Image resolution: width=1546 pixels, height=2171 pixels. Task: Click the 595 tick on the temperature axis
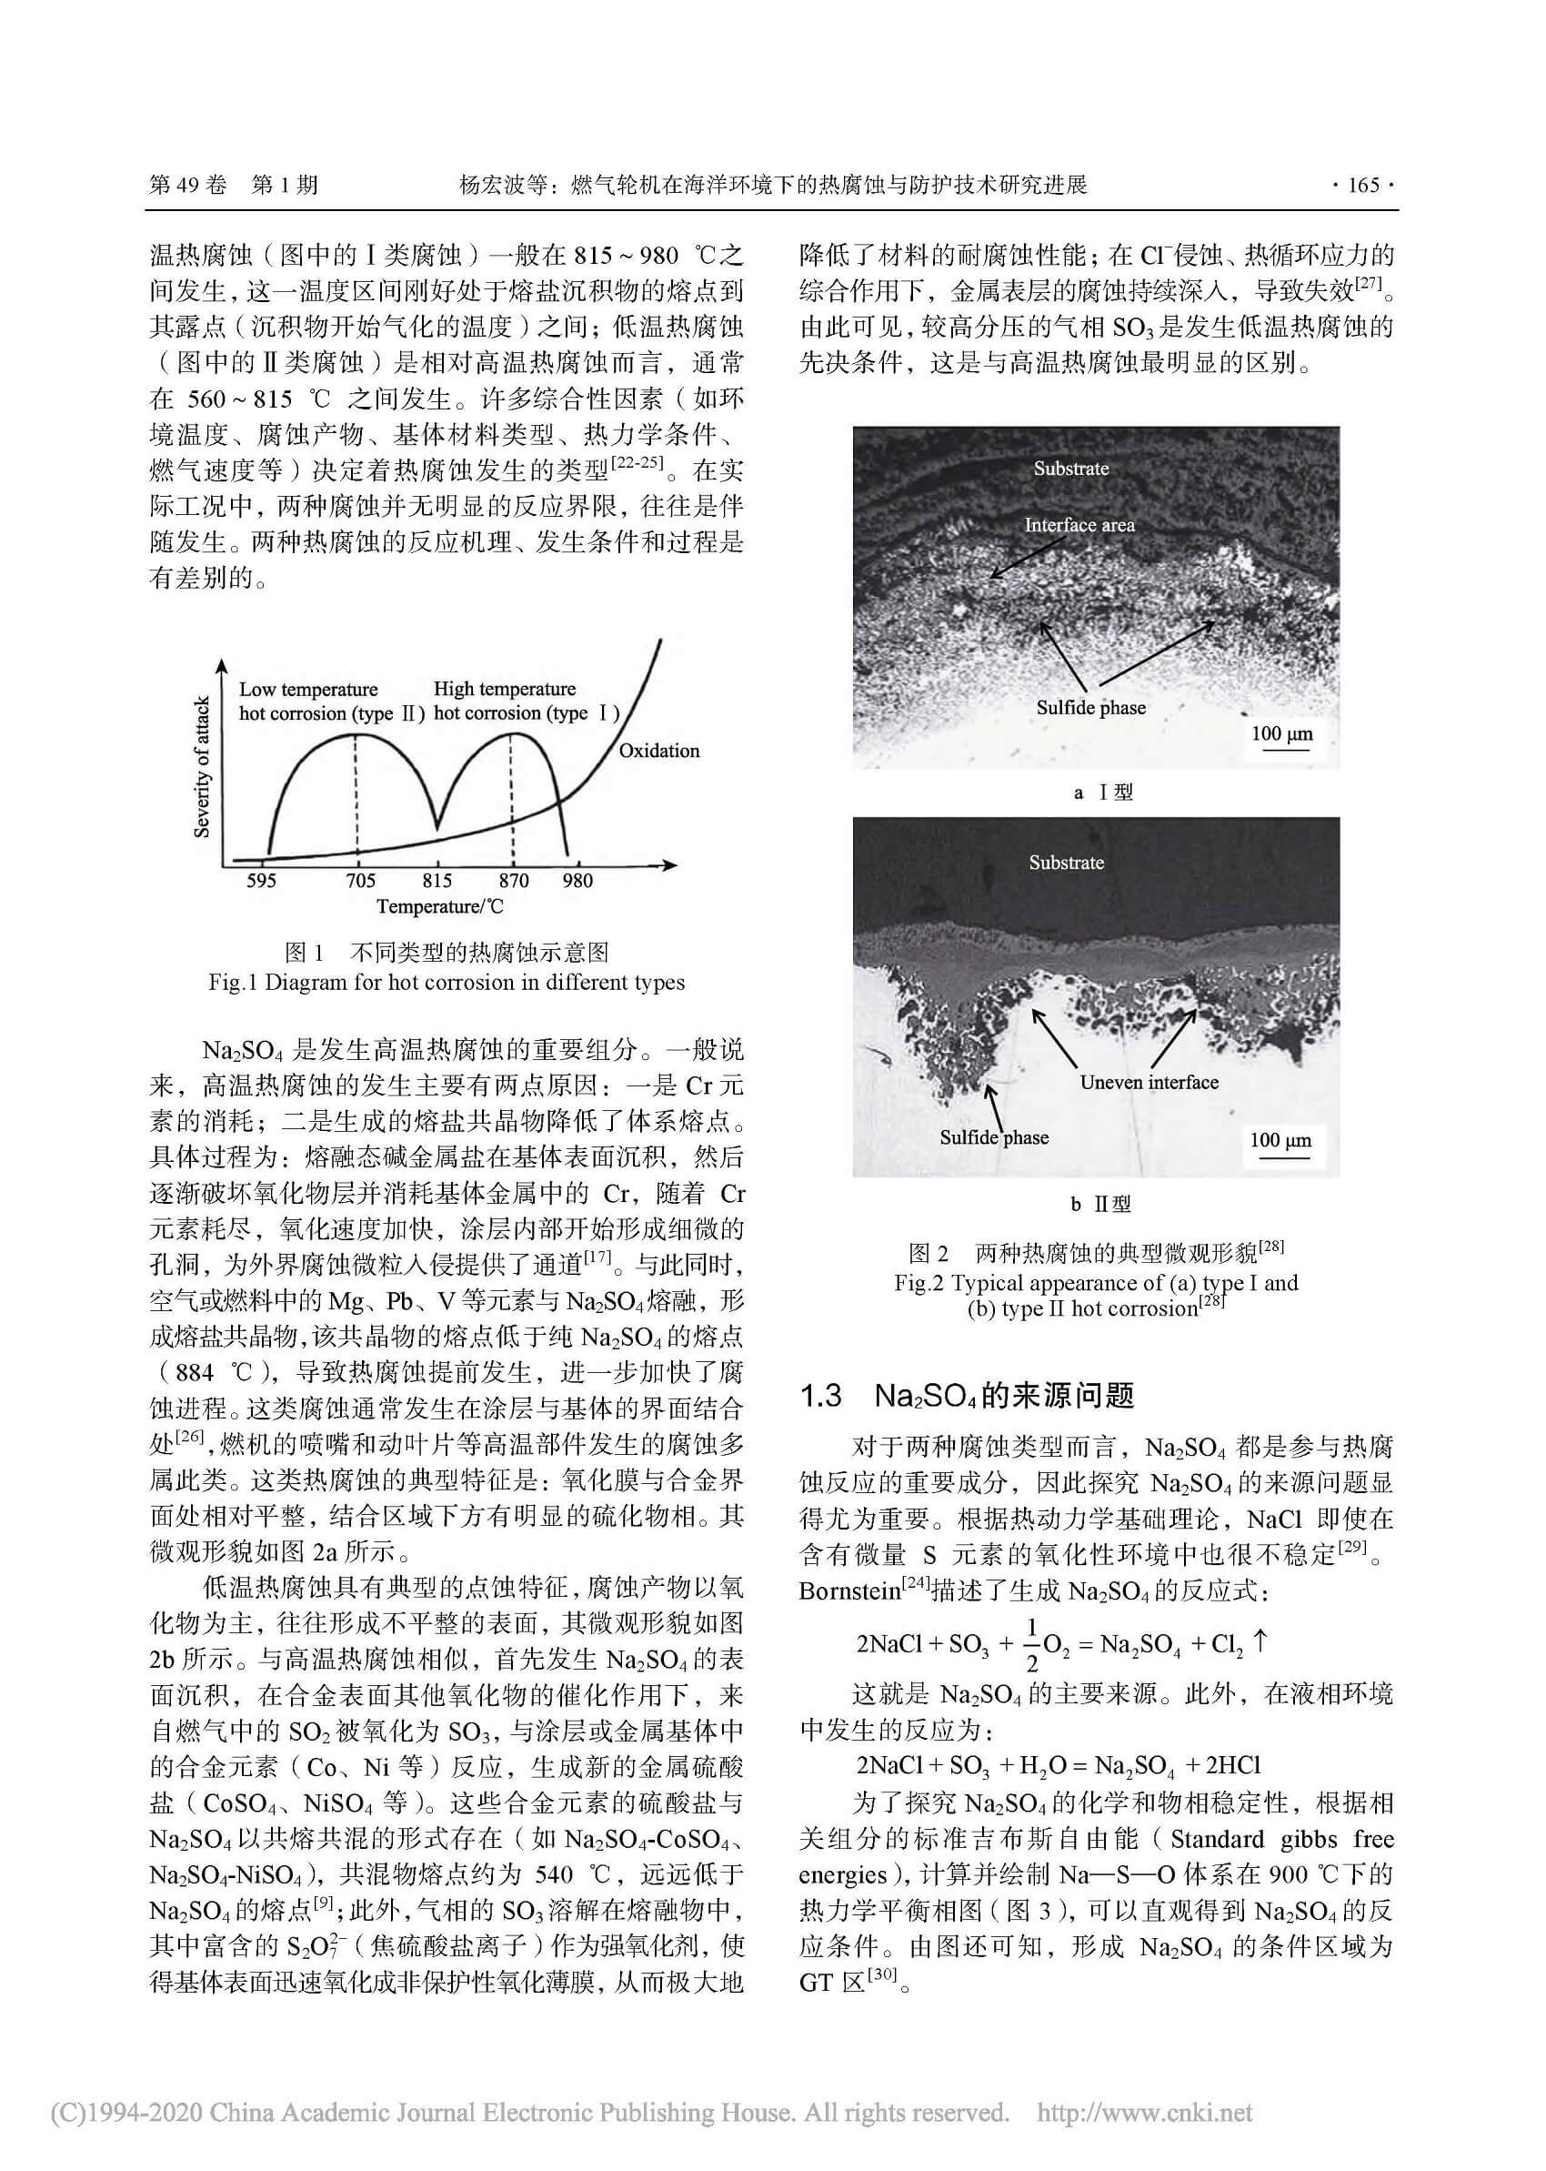pyautogui.click(x=261, y=880)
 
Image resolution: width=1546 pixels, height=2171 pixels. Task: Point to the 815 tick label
pyautogui.click(x=437, y=880)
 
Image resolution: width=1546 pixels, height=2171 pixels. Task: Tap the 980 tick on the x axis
pyautogui.click(x=577, y=880)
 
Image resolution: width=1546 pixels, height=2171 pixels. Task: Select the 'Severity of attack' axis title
pyautogui.click(x=202, y=766)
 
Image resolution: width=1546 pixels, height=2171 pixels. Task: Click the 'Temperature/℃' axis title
pyautogui.click(x=439, y=905)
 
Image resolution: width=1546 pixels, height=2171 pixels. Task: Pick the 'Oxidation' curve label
pyautogui.click(x=658, y=751)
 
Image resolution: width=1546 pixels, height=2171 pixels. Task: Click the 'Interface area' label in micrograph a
pyautogui.click(x=1079, y=525)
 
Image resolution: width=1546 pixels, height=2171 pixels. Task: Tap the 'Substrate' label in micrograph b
pyautogui.click(x=1065, y=863)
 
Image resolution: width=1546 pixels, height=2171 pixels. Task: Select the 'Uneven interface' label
pyautogui.click(x=1148, y=1082)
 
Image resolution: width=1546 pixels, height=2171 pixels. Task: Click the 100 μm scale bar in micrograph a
pyautogui.click(x=1281, y=735)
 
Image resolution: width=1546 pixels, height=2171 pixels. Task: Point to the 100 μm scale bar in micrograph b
pyautogui.click(x=1280, y=1142)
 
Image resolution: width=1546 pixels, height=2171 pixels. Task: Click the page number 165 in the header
pyautogui.click(x=1363, y=185)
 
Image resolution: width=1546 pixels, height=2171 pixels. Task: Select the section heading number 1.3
pyautogui.click(x=820, y=1396)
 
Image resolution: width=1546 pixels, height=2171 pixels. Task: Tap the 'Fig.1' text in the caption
pyautogui.click(x=232, y=983)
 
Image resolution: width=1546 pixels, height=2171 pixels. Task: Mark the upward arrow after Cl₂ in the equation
pyautogui.click(x=1261, y=1641)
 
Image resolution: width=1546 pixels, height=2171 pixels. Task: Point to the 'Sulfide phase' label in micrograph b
pyautogui.click(x=994, y=1137)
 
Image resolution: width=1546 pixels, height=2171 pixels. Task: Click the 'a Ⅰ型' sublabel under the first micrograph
pyautogui.click(x=1102, y=793)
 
